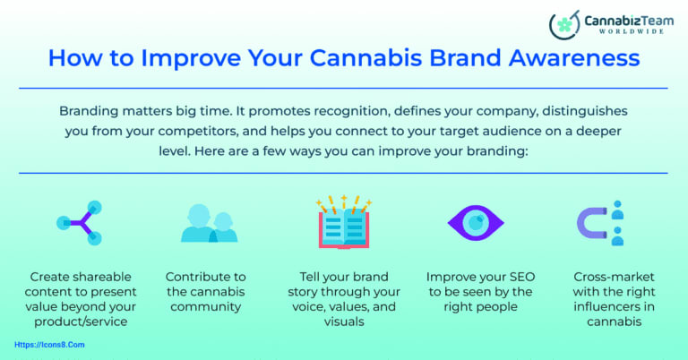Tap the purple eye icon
475,223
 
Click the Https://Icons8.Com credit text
50,343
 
